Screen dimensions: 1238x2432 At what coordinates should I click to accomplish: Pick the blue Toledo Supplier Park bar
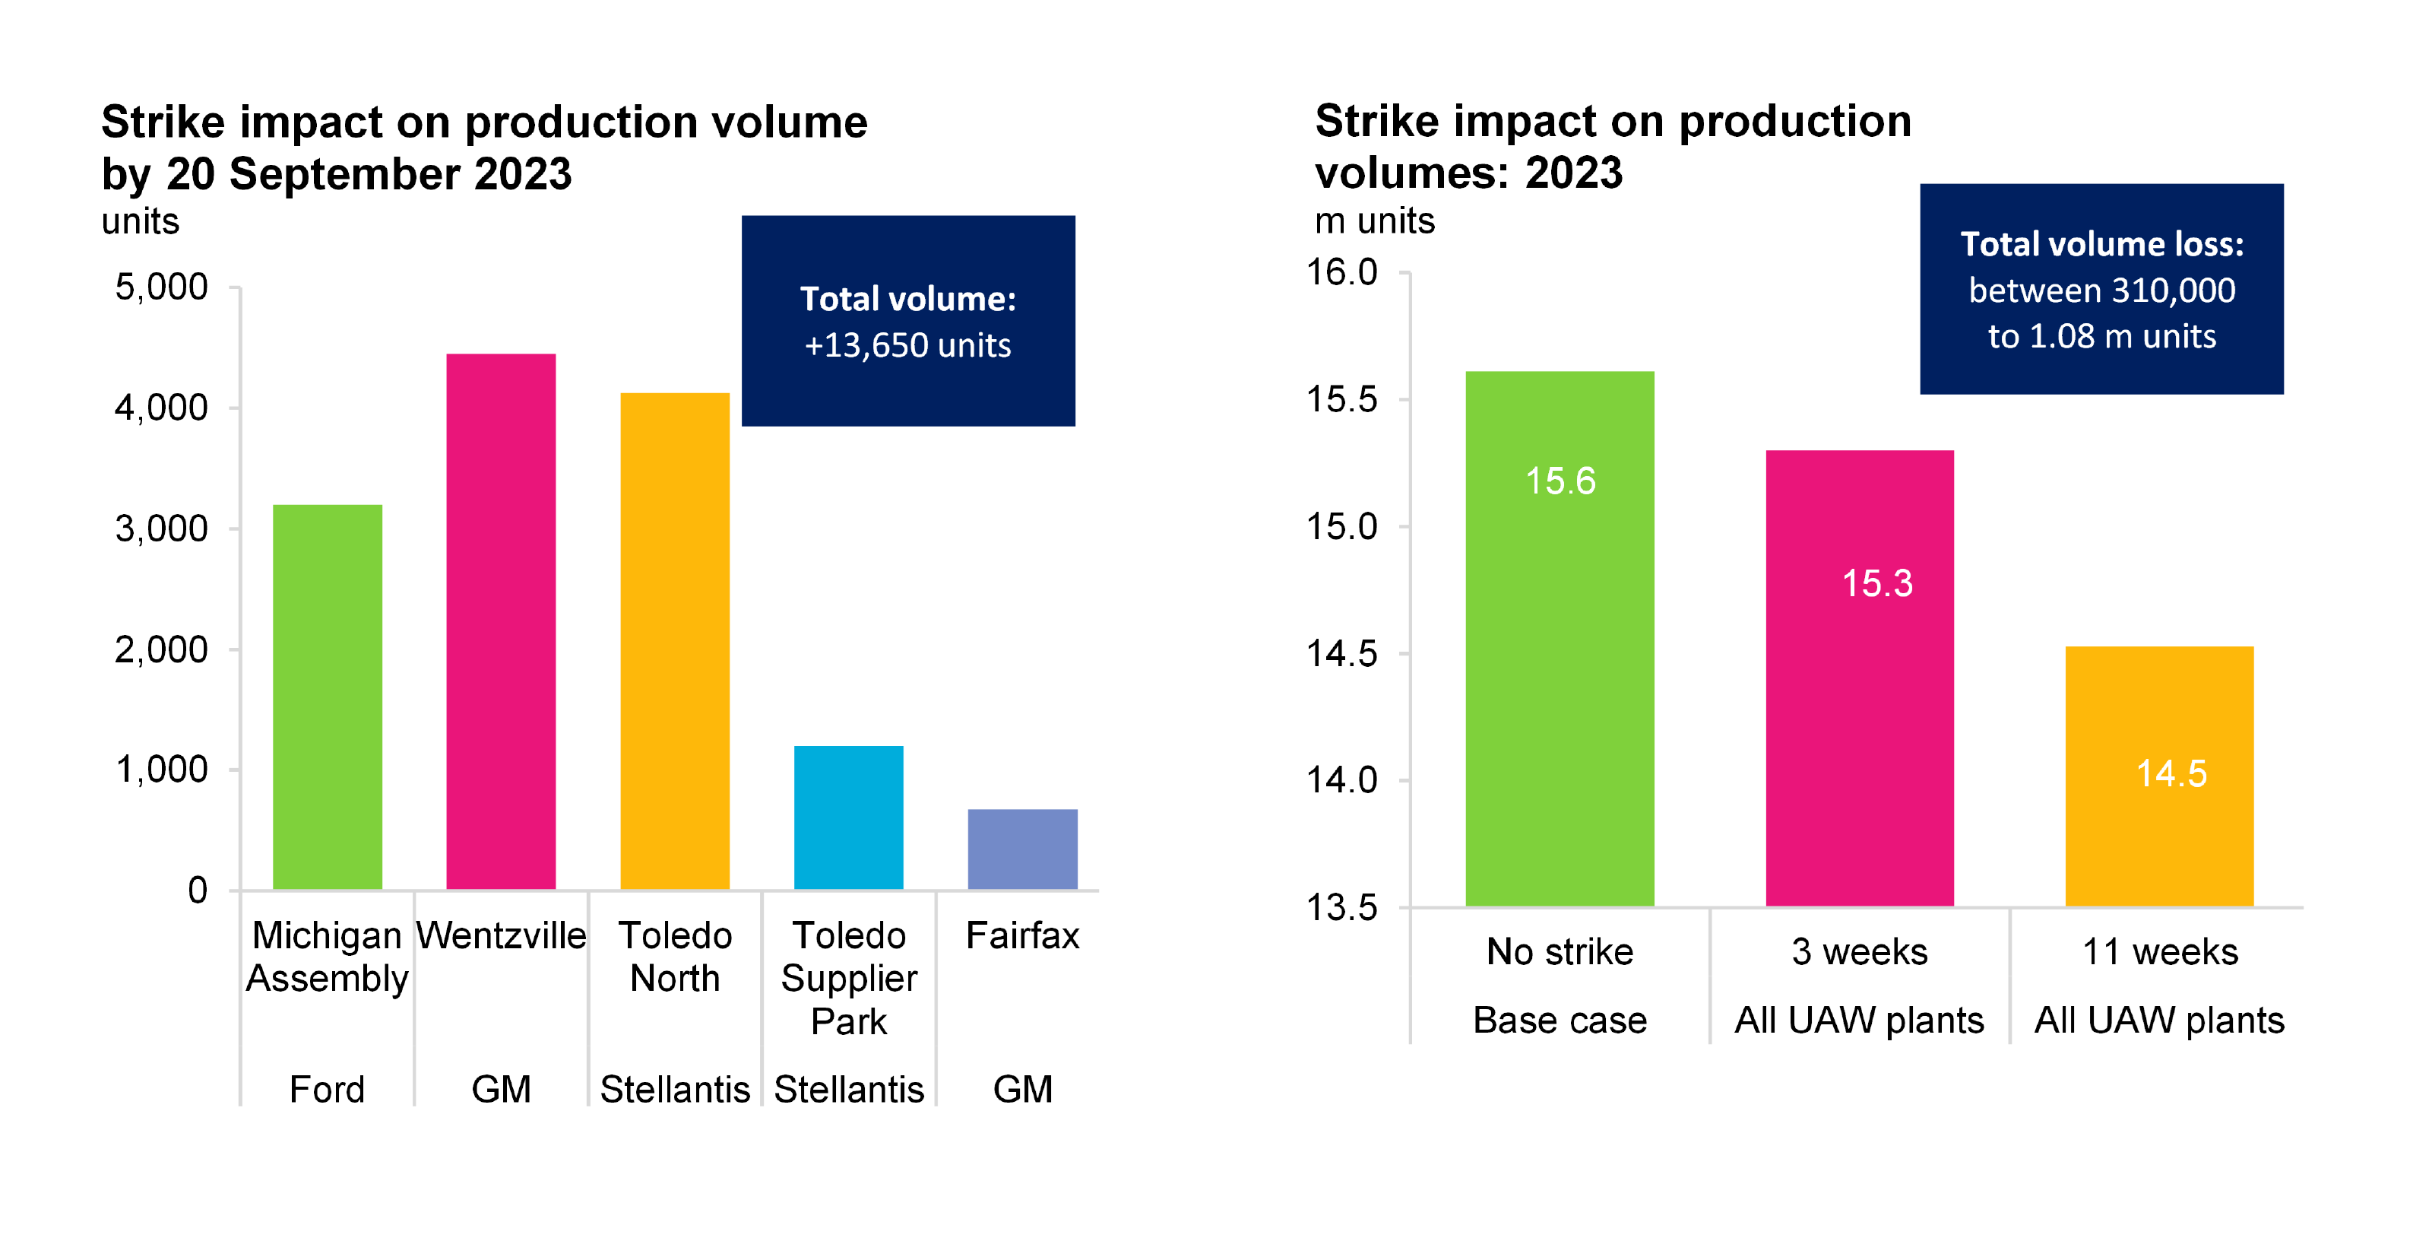848,817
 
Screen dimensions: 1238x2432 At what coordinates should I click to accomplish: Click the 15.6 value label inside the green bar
1560,481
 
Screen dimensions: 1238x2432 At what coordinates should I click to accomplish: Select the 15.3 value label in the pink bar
1877,582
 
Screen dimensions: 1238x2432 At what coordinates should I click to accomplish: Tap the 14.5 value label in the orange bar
2171,773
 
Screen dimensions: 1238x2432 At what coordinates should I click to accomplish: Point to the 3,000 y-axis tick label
160,528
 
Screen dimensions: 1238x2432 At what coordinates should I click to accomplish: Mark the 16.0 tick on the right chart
1341,272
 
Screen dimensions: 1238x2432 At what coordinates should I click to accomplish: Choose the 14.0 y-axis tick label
1341,780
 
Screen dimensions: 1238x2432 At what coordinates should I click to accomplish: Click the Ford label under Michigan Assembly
327,1089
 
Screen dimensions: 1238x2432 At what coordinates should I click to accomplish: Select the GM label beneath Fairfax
1021,1089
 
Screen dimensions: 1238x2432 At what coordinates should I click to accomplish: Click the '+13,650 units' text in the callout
907,344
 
